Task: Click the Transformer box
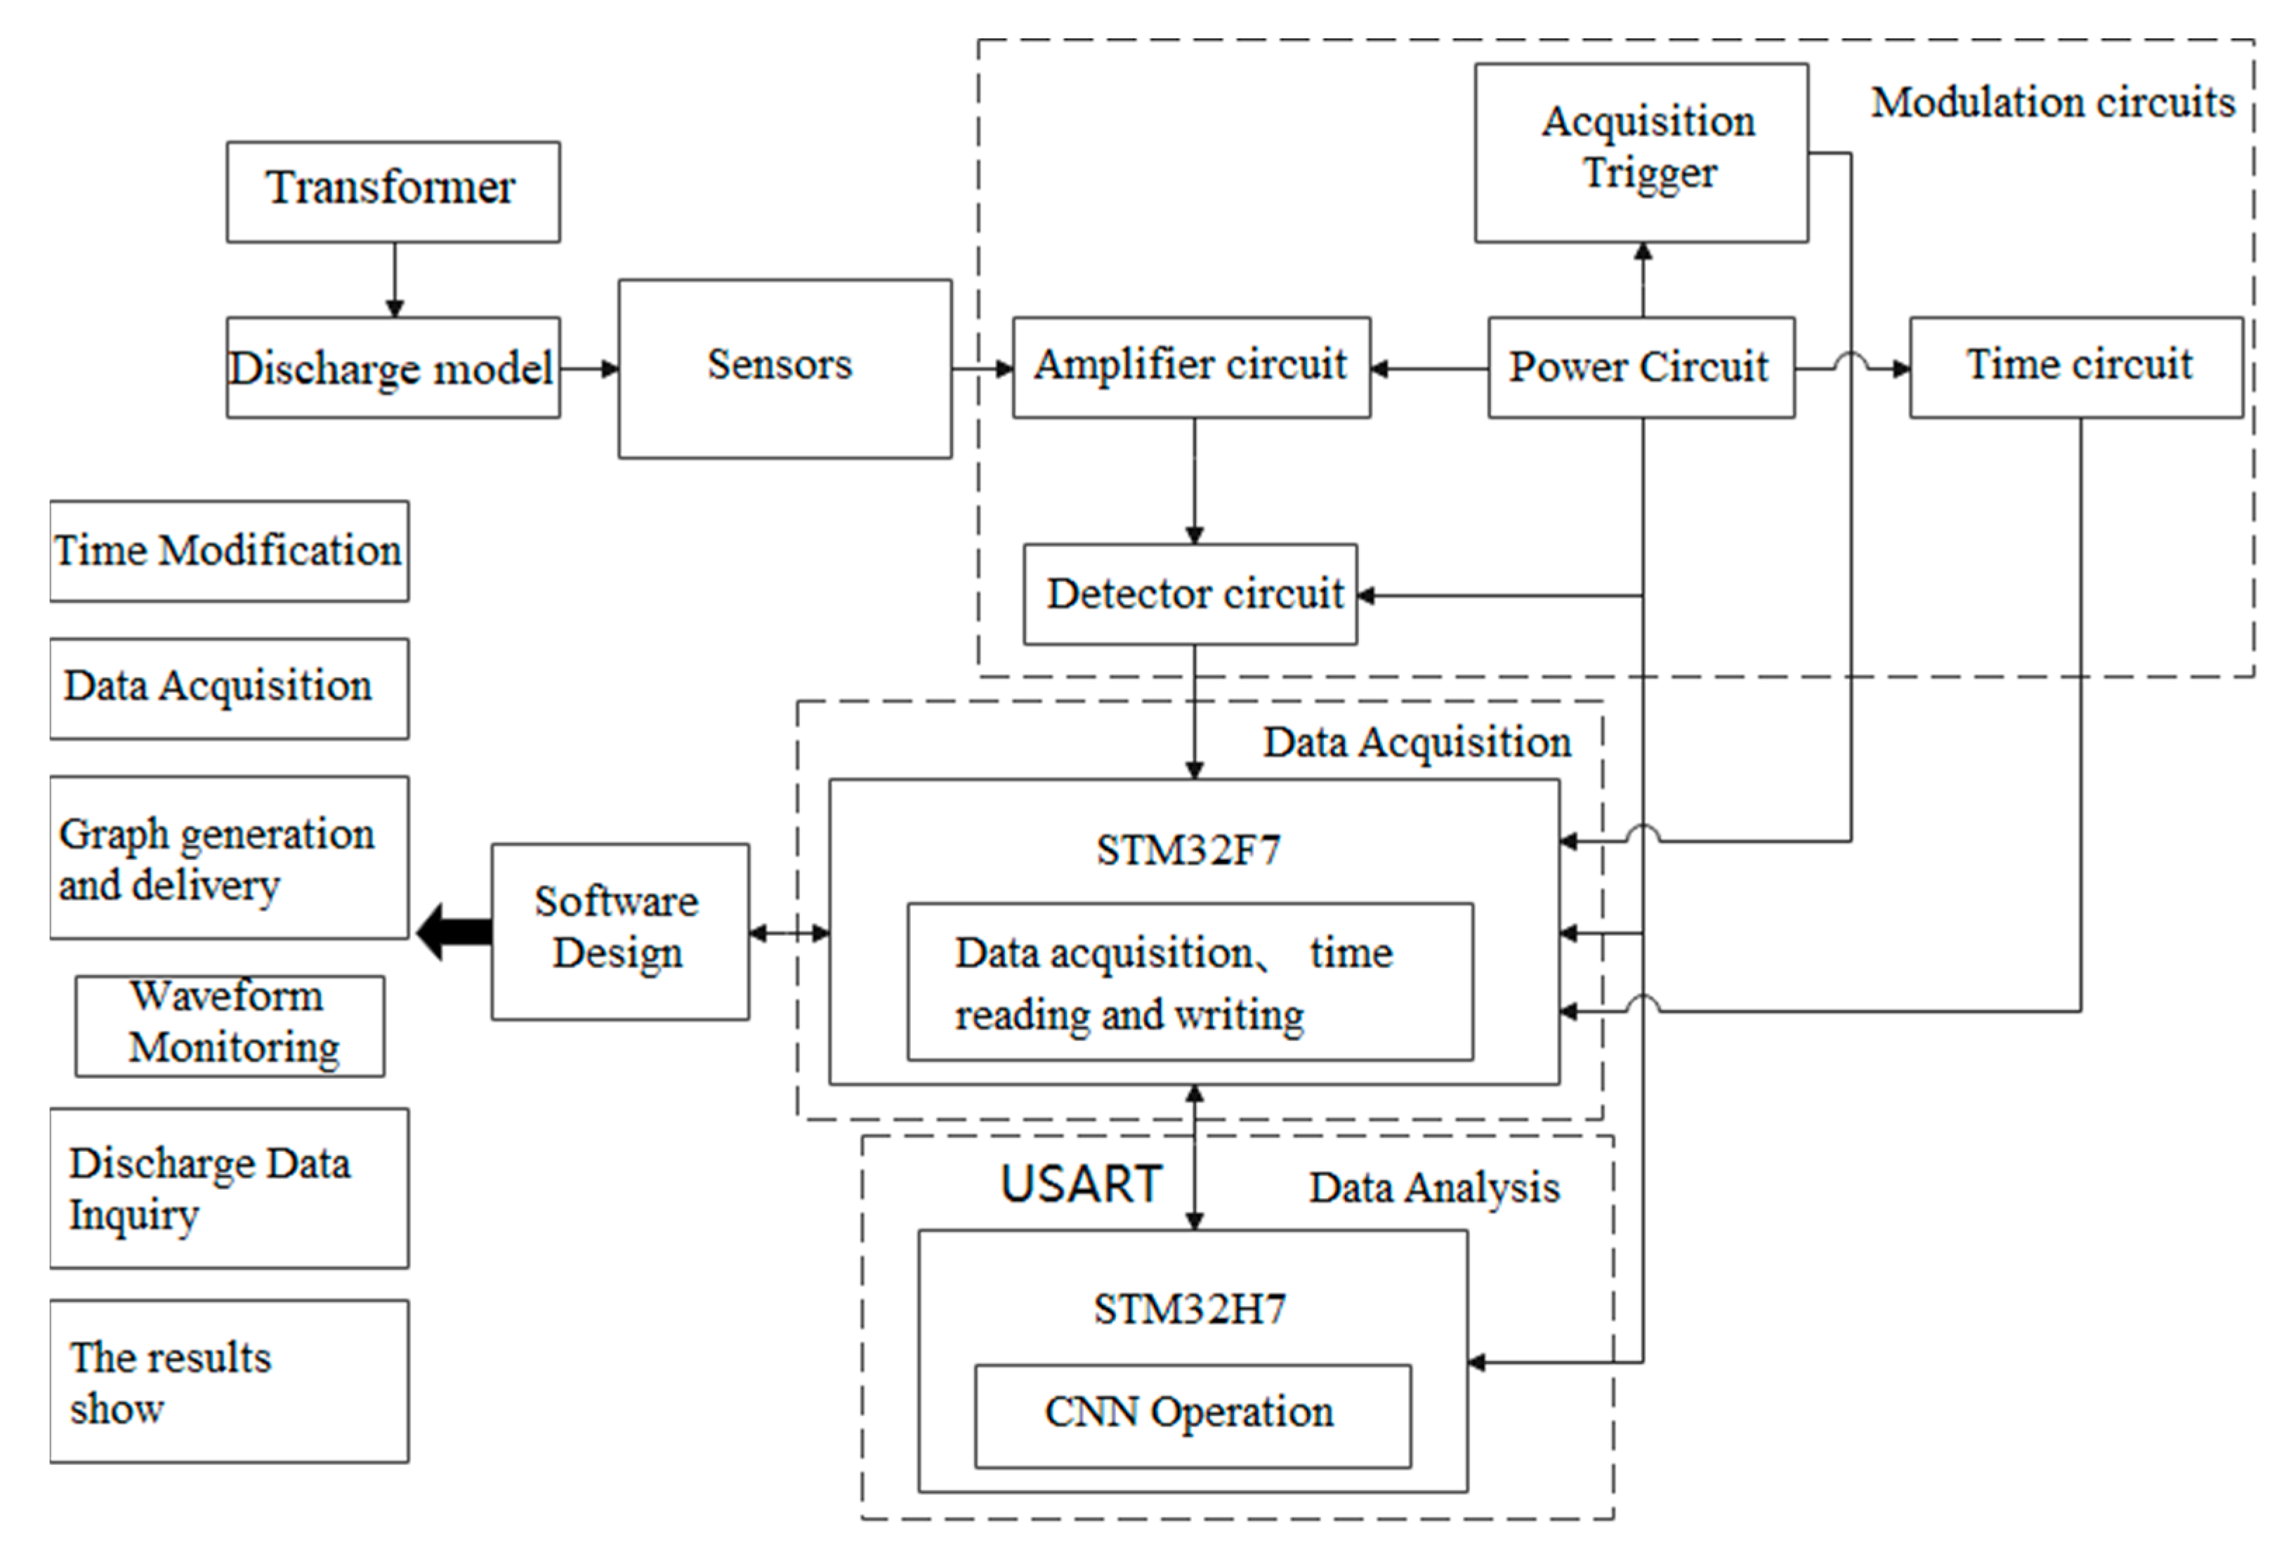point(393,191)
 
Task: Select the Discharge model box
point(393,368)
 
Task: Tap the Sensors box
point(784,368)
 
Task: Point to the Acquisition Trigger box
point(1641,152)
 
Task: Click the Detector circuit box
point(1190,594)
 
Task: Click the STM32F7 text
point(1188,849)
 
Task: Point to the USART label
point(1081,1184)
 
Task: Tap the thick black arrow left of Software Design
point(454,932)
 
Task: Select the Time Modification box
point(228,551)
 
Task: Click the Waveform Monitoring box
point(230,1026)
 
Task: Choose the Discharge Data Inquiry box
point(228,1188)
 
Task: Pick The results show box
point(228,1382)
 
